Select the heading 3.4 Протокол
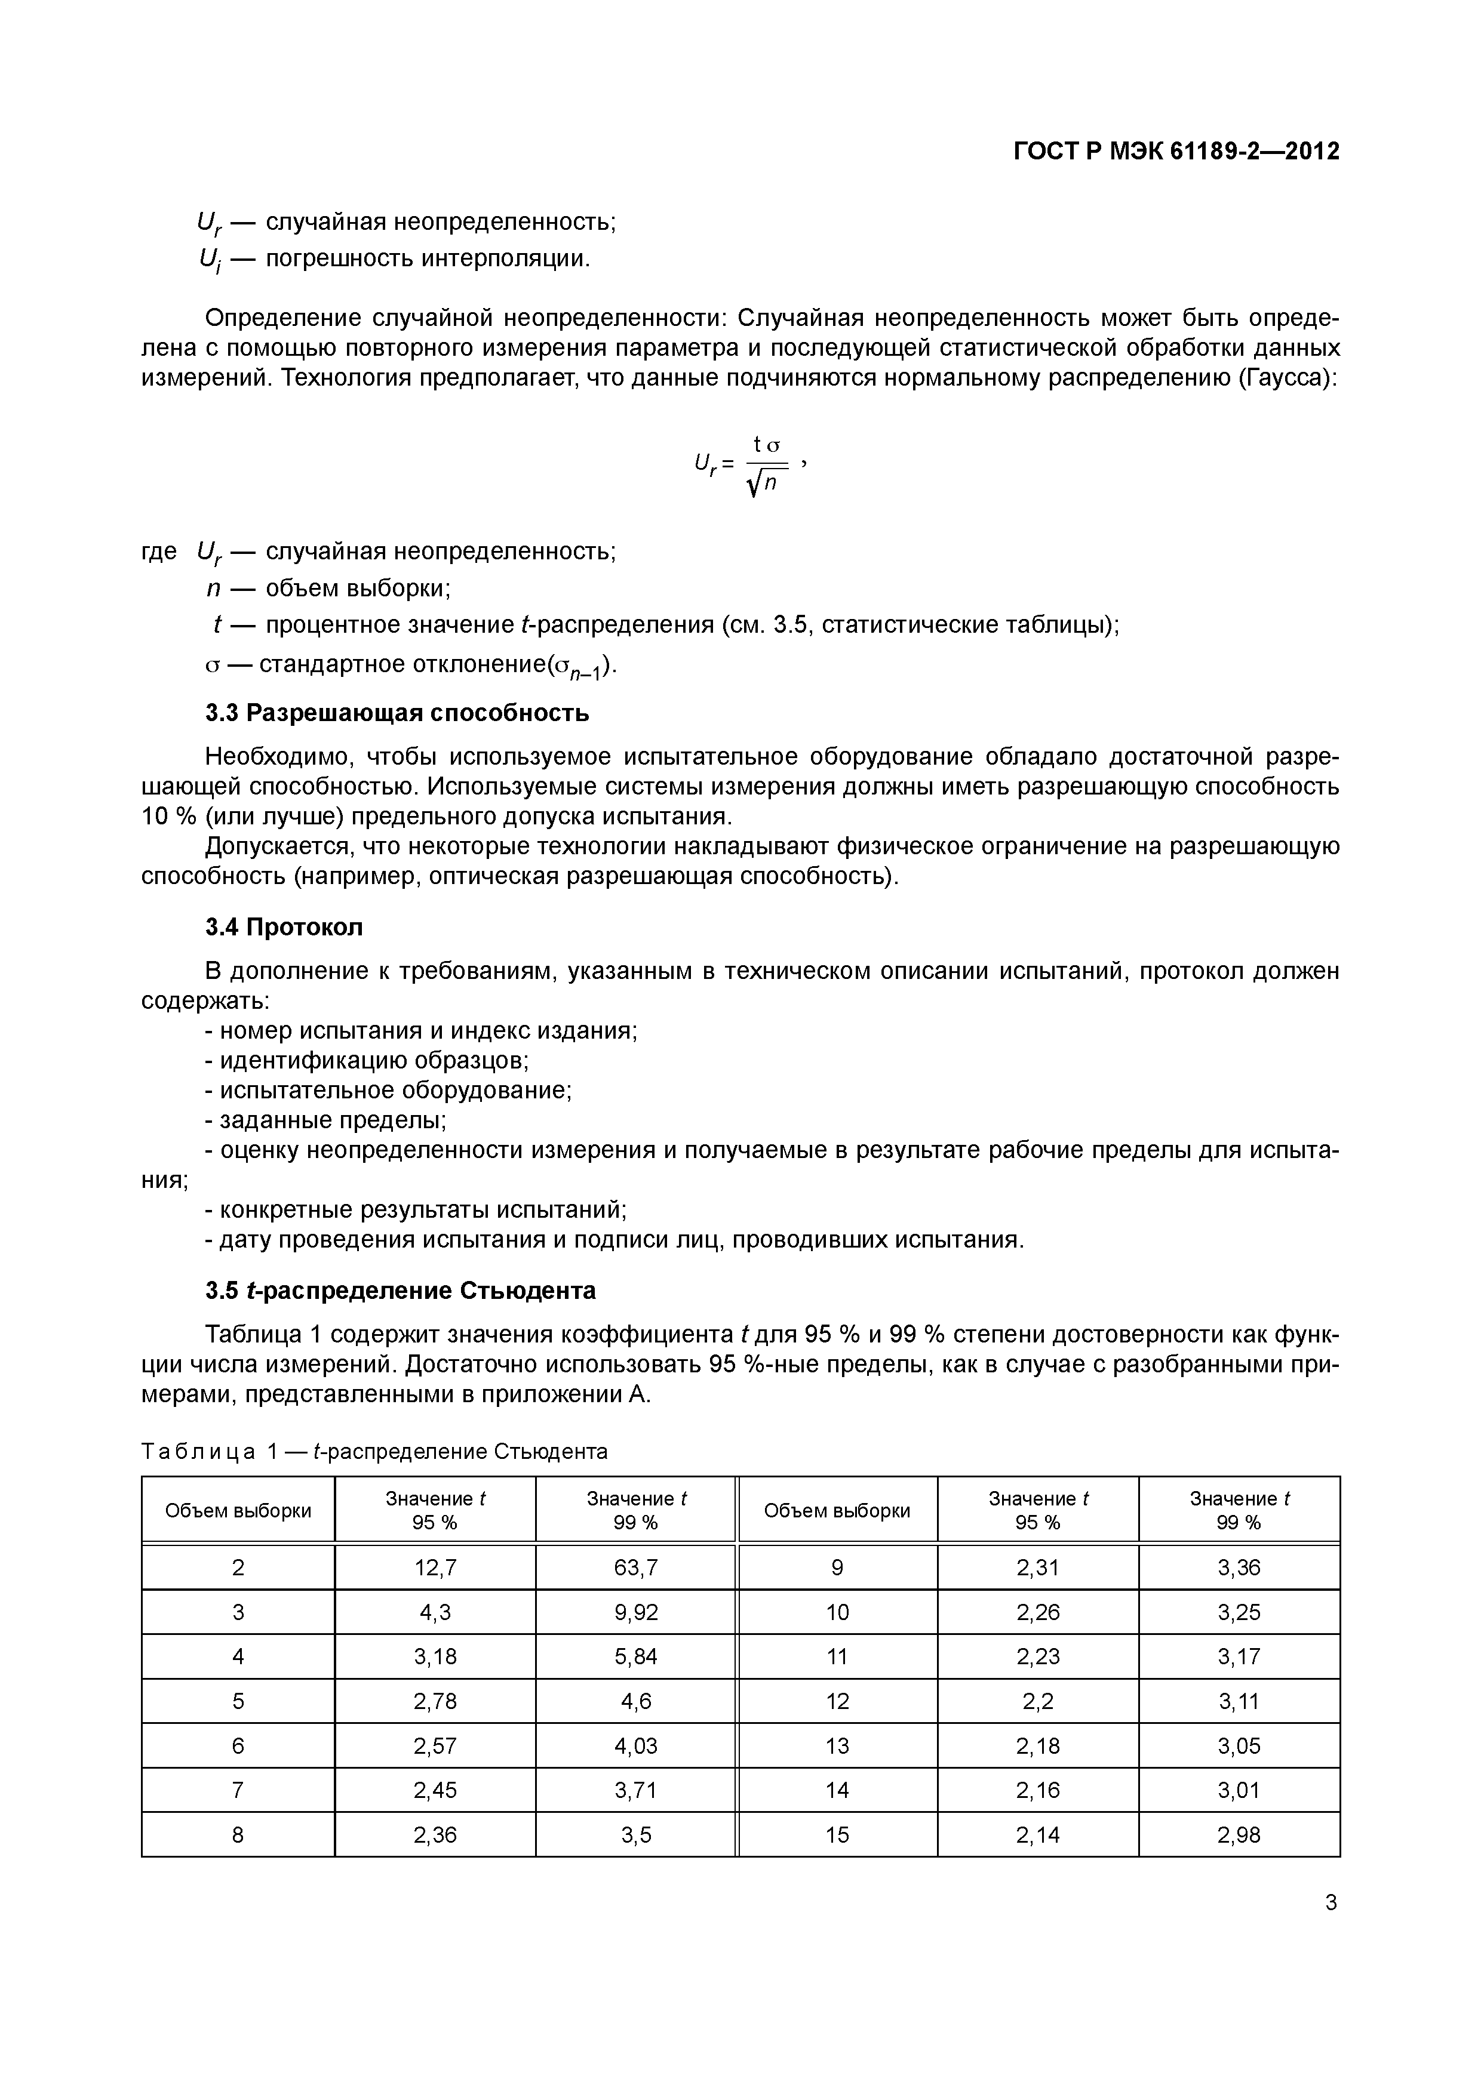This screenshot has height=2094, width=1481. [284, 928]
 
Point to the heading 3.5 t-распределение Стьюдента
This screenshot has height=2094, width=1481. [401, 1291]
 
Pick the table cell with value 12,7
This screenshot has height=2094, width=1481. [435, 1567]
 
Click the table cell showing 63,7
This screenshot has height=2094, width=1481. [635, 1567]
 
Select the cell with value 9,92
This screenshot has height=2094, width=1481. [635, 1612]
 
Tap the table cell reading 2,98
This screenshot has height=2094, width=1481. [1239, 1834]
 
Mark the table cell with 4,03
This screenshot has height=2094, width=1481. [635, 1745]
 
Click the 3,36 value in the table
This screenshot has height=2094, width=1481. [1239, 1567]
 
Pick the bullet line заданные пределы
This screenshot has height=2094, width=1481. [326, 1120]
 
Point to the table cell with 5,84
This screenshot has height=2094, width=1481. [635, 1656]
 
